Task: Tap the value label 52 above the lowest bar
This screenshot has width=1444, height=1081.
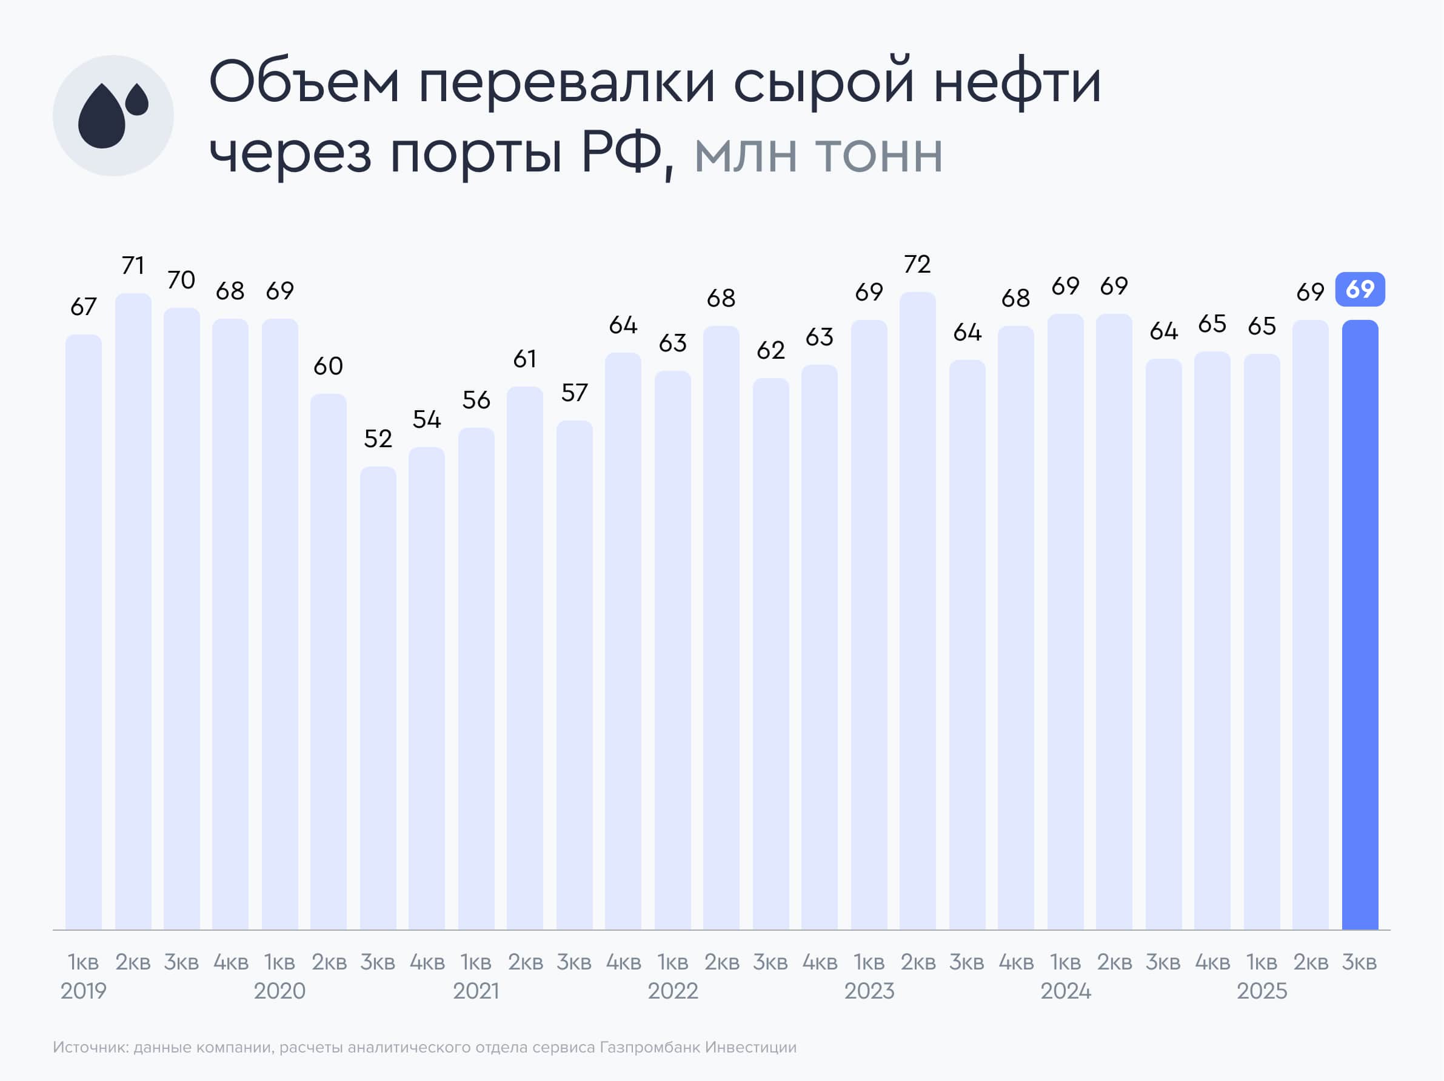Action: tap(378, 439)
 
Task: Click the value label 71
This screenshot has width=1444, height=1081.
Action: tap(133, 265)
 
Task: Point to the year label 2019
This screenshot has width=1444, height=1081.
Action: tap(83, 991)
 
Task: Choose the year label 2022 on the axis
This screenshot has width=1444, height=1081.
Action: tap(672, 991)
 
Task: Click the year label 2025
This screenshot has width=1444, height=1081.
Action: tap(1261, 991)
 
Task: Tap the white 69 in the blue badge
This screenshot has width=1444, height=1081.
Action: tap(1360, 289)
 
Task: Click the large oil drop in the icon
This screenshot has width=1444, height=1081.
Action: tap(101, 118)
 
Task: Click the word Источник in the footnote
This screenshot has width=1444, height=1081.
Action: tap(90, 1047)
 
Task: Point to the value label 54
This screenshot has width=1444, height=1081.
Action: tap(426, 419)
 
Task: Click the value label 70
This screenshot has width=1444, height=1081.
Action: tap(181, 280)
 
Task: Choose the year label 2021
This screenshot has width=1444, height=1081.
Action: tap(476, 991)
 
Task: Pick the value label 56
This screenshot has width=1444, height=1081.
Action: tap(476, 400)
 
